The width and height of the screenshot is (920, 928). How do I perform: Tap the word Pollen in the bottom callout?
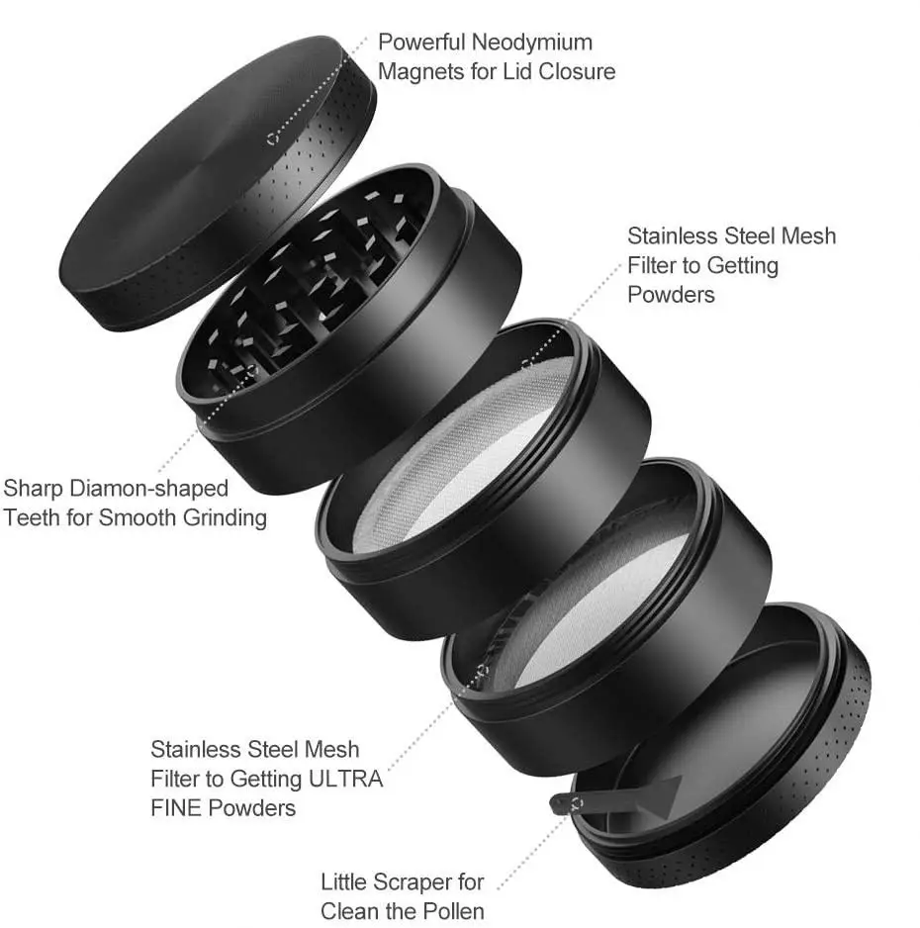451,910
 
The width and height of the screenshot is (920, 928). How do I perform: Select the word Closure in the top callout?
577,71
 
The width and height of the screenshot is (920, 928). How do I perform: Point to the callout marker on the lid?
272,139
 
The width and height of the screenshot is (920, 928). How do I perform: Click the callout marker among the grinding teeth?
250,371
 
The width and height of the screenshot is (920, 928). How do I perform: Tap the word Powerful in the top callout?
421,43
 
